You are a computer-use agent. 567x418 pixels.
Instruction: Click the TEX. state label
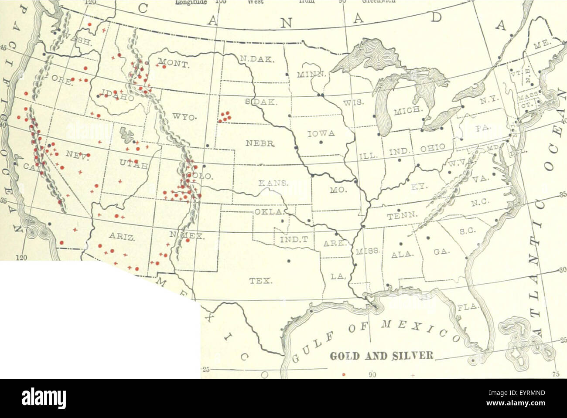coord(261,281)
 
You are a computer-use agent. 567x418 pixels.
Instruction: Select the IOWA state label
coord(321,134)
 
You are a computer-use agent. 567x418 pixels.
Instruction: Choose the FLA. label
coord(468,308)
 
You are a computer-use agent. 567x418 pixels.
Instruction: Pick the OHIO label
coord(434,148)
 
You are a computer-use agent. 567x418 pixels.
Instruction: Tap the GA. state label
coord(438,251)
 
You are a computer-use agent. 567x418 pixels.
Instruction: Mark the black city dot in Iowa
coord(321,142)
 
